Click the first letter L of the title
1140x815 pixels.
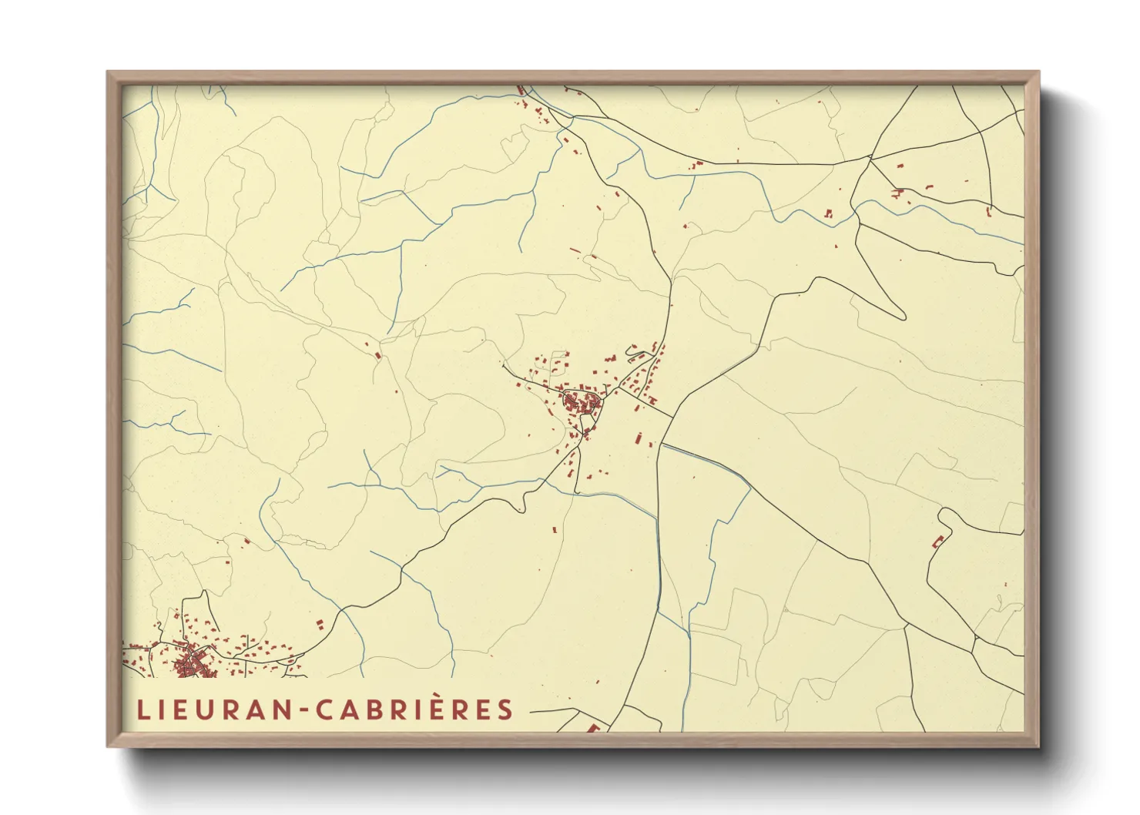click(142, 710)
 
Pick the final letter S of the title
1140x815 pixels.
click(505, 710)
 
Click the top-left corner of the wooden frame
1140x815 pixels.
click(109, 72)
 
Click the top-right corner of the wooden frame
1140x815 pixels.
click(1038, 72)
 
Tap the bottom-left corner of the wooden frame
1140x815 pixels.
click(109, 746)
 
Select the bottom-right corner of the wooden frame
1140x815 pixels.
click(1038, 746)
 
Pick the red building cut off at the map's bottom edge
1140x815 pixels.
click(593, 726)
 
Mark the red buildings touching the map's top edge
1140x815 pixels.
click(521, 91)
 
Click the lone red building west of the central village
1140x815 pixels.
click(377, 355)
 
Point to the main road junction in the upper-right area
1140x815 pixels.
click(870, 158)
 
